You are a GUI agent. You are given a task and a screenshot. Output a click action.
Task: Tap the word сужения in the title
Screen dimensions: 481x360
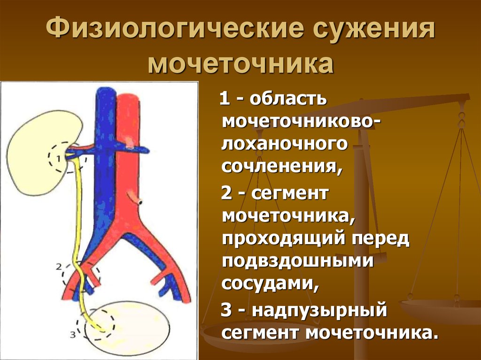point(374,29)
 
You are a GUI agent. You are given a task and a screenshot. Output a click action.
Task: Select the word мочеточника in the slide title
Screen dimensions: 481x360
point(241,64)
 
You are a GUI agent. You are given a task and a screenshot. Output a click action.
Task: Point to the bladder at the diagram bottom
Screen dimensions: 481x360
point(127,327)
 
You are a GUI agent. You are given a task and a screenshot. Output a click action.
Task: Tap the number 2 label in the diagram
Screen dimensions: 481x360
point(59,267)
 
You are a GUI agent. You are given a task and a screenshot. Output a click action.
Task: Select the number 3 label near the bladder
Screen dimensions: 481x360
point(73,335)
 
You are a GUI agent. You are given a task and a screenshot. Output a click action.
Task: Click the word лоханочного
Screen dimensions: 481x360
point(284,144)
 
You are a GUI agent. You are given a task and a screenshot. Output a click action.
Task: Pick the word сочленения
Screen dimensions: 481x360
point(281,167)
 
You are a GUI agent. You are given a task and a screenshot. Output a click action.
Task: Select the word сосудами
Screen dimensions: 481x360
point(270,284)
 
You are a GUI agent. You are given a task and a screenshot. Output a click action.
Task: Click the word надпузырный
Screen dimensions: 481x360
point(319,310)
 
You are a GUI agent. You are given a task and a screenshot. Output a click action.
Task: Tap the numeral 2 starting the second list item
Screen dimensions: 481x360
point(226,193)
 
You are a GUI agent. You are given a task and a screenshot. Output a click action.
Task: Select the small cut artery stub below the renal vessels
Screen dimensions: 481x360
point(135,198)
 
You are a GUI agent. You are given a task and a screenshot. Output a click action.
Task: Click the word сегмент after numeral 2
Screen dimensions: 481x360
point(290,194)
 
